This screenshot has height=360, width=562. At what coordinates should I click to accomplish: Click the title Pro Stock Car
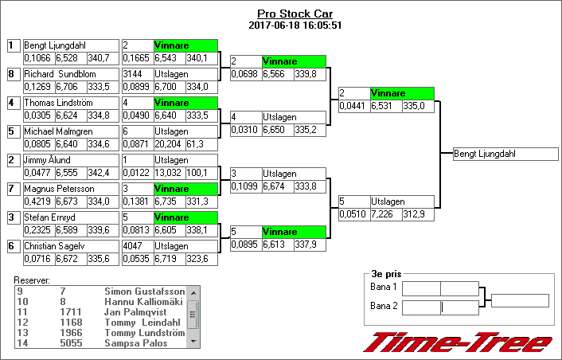pyautogui.click(x=295, y=14)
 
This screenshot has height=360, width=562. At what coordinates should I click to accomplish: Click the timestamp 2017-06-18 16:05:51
pyautogui.click(x=295, y=25)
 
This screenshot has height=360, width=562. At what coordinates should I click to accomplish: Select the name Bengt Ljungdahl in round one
pyautogui.click(x=55, y=45)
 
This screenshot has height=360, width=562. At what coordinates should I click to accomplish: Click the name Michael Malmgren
pyautogui.click(x=57, y=131)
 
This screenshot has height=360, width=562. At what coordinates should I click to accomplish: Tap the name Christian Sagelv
pyautogui.click(x=53, y=246)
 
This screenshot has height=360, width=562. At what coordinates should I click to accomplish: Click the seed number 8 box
pyautogui.click(x=12, y=74)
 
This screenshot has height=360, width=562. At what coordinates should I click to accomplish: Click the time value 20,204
pyautogui.click(x=169, y=143)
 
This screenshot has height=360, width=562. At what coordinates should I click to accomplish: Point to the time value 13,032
pyautogui.click(x=169, y=172)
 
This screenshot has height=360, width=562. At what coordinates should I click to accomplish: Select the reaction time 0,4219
pyautogui.click(x=37, y=201)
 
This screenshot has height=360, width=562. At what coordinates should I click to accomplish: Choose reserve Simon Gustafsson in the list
pyautogui.click(x=144, y=292)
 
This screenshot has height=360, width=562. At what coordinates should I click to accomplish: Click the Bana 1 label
pyautogui.click(x=384, y=287)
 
